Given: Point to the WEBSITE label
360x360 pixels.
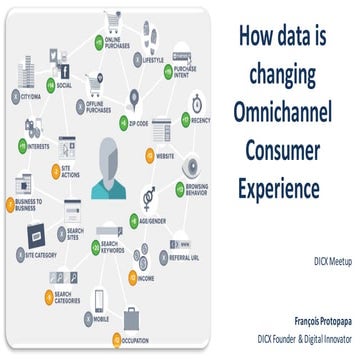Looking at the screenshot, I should click(x=166, y=157).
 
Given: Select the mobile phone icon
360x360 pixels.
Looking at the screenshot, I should click(x=98, y=299).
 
